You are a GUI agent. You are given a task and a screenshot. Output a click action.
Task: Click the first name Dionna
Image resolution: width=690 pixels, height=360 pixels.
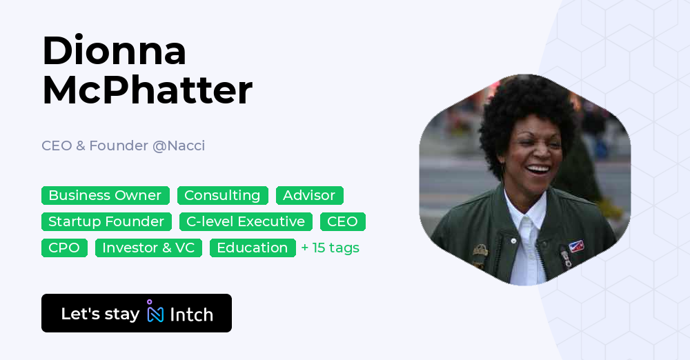point(114,50)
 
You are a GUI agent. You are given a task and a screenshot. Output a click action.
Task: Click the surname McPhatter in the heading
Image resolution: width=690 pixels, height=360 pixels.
point(147,90)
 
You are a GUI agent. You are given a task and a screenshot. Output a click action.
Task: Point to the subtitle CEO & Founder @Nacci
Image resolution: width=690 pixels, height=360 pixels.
point(123,146)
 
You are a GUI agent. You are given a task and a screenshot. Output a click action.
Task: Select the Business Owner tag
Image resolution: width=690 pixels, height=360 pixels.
point(105,195)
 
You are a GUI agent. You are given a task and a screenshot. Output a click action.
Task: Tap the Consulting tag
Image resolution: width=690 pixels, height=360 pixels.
point(222,195)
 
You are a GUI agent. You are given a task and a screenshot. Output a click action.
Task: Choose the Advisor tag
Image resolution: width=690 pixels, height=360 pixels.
point(309,195)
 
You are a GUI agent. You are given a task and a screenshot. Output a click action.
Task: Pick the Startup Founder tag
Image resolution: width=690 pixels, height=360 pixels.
point(106,221)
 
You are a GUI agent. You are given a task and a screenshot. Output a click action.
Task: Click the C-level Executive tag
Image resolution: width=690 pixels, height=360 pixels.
point(246,221)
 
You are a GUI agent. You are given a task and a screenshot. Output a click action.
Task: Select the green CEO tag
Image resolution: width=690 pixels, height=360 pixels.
point(342,221)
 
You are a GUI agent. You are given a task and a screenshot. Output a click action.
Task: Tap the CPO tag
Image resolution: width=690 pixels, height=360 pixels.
point(64,248)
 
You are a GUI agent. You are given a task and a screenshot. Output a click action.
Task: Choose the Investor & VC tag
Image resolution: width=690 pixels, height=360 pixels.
point(148,248)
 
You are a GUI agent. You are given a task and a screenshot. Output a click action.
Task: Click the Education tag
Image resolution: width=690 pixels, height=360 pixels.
point(253,248)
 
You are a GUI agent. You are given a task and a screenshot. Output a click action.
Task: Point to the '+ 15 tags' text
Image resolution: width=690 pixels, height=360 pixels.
point(331,248)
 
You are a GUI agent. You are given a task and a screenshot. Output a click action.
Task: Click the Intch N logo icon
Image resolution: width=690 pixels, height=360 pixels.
point(155,312)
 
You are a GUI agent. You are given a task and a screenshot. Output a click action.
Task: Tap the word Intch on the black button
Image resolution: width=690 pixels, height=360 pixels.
point(191,314)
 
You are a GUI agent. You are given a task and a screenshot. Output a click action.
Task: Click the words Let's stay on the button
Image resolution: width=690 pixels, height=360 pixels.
point(100,314)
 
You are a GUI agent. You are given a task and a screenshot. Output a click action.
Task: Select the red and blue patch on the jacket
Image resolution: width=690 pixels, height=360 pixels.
point(575,246)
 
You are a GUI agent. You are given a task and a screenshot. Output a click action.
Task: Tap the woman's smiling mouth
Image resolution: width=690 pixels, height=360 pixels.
point(537,169)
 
